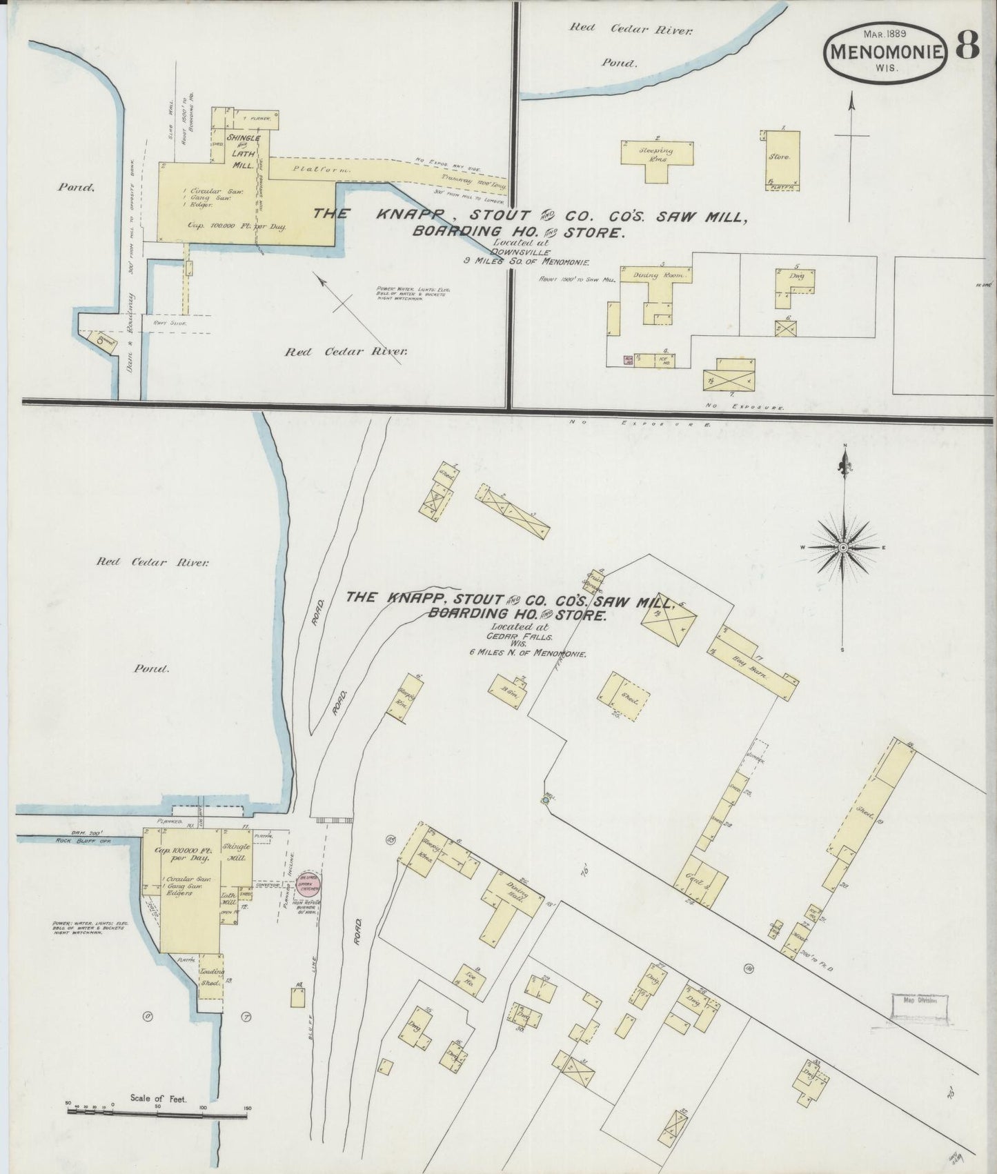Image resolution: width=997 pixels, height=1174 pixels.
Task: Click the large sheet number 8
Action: [967, 46]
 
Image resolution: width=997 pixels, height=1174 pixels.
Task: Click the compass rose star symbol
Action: [842, 547]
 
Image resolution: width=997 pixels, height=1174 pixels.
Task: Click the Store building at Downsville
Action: [782, 157]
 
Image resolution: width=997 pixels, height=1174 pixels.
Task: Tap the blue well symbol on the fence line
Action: [544, 801]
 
